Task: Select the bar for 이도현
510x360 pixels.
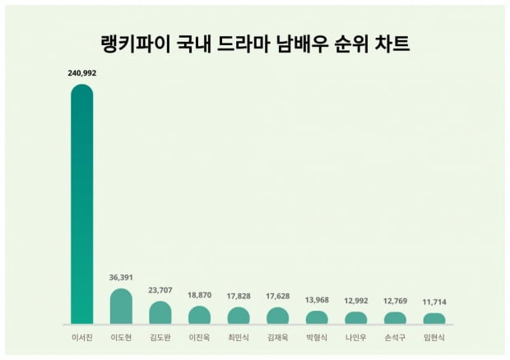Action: click(x=121, y=307)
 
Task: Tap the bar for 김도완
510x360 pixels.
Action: click(x=160, y=312)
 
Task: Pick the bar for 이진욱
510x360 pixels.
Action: click(x=199, y=315)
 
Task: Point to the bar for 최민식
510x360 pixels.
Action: click(x=239, y=316)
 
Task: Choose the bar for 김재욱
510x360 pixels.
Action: click(x=277, y=316)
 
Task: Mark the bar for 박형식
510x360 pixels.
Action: click(x=317, y=317)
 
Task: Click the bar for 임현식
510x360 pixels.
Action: click(x=434, y=318)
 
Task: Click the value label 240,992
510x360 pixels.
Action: click(x=82, y=73)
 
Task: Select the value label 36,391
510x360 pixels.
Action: click(x=121, y=278)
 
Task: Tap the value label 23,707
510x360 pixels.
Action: click(x=160, y=290)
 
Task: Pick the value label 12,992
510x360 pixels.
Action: click(x=356, y=301)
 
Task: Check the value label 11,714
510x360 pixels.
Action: click(x=434, y=302)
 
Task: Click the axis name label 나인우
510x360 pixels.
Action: click(x=356, y=338)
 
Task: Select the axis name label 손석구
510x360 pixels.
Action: click(x=395, y=338)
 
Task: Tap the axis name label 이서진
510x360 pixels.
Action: click(x=82, y=338)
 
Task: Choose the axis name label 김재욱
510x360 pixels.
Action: click(x=277, y=338)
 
